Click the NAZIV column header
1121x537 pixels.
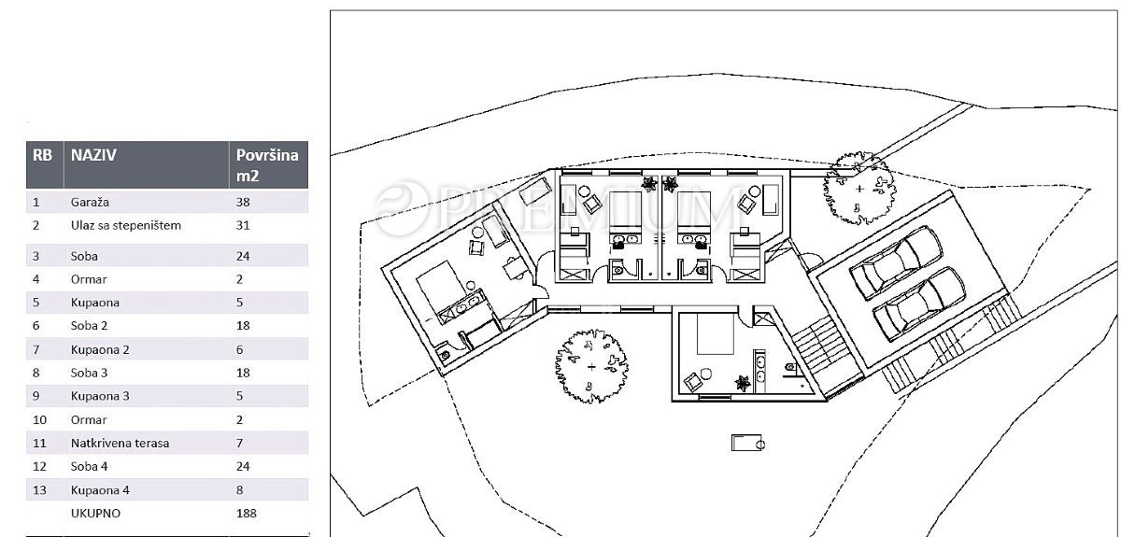point(93,155)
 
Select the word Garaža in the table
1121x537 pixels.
point(90,202)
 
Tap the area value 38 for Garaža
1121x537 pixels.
point(243,202)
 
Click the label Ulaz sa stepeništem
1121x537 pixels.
point(125,225)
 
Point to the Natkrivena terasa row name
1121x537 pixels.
point(121,443)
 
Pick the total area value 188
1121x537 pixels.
point(247,514)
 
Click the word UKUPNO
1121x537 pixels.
point(95,514)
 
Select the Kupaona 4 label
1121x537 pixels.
point(100,490)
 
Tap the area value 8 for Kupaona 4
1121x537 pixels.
point(240,490)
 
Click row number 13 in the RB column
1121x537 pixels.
point(39,490)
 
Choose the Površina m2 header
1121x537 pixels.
point(267,165)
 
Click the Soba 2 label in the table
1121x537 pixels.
point(89,326)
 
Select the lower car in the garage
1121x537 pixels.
point(919,304)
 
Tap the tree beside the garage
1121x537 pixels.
point(859,189)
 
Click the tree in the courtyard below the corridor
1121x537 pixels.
point(591,366)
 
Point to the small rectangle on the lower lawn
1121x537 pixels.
point(747,443)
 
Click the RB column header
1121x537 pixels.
point(42,155)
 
